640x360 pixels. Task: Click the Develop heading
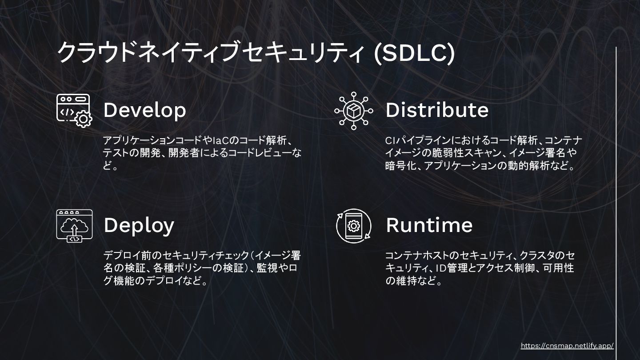point(144,110)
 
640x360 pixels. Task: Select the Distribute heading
point(436,110)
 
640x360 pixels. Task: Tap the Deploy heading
point(139,225)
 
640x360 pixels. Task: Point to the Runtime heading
point(429,225)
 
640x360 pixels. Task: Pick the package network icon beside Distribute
point(353,111)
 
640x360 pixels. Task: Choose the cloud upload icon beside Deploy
point(74,226)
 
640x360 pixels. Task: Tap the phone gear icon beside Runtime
point(353,226)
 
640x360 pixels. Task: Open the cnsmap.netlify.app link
point(567,346)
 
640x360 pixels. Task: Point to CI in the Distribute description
point(389,141)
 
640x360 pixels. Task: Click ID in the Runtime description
point(440,268)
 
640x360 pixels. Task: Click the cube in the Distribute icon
point(353,111)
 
